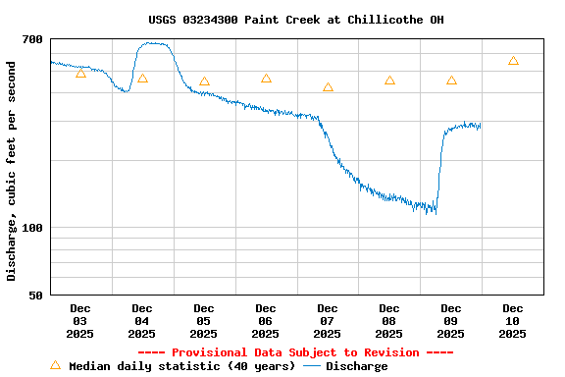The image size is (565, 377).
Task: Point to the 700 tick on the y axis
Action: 32,39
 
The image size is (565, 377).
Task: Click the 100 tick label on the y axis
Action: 32,228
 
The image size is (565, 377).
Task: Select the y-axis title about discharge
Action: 12,171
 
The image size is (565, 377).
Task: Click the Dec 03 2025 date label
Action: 80,321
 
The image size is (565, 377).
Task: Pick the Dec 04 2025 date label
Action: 142,321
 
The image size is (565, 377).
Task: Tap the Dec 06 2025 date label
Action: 266,321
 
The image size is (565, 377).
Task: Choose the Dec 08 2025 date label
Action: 389,321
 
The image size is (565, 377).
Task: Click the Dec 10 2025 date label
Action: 513,321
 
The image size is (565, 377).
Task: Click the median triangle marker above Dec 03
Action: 80,74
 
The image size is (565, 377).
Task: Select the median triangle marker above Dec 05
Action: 204,81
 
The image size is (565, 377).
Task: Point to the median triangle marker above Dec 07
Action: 328,87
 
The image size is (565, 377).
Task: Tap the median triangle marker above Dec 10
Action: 513,61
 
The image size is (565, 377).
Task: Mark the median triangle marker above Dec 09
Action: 451,81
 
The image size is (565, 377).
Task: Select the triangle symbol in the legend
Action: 55,365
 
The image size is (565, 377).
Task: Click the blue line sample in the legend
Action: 312,366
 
